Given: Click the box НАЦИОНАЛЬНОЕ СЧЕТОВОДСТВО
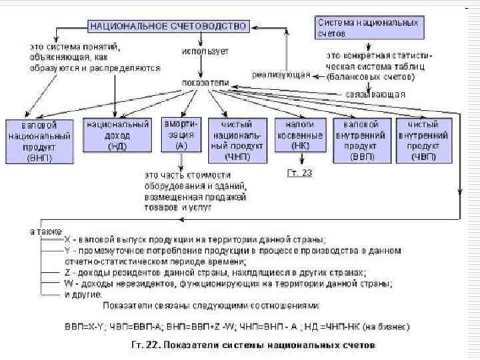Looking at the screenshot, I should pos(168,26).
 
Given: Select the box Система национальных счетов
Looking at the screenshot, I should pos(368,27).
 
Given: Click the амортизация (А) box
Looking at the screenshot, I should pos(181,135).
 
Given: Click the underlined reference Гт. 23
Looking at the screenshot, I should pos(299,173).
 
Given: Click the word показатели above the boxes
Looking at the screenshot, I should pos(205,83).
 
